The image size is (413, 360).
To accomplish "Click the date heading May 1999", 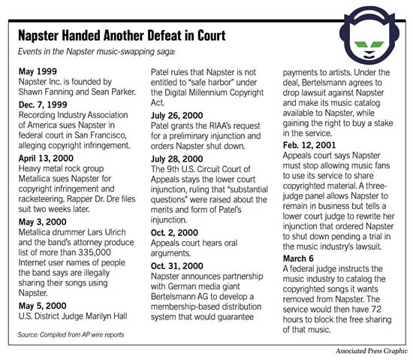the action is click(x=35, y=70).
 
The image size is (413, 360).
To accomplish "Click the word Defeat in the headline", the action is click(x=167, y=36).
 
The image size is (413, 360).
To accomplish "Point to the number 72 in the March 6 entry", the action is click(x=381, y=307).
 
